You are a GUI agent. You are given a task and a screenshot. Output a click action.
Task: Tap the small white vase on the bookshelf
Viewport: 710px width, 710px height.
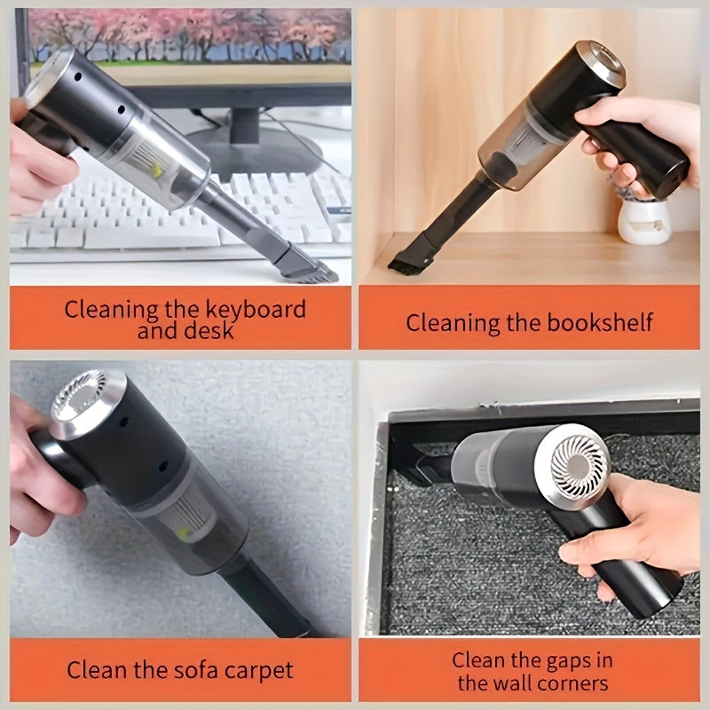pos(643,222)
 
